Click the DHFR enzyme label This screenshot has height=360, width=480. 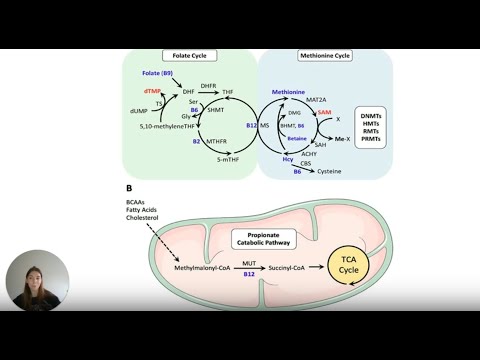(x=209, y=86)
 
